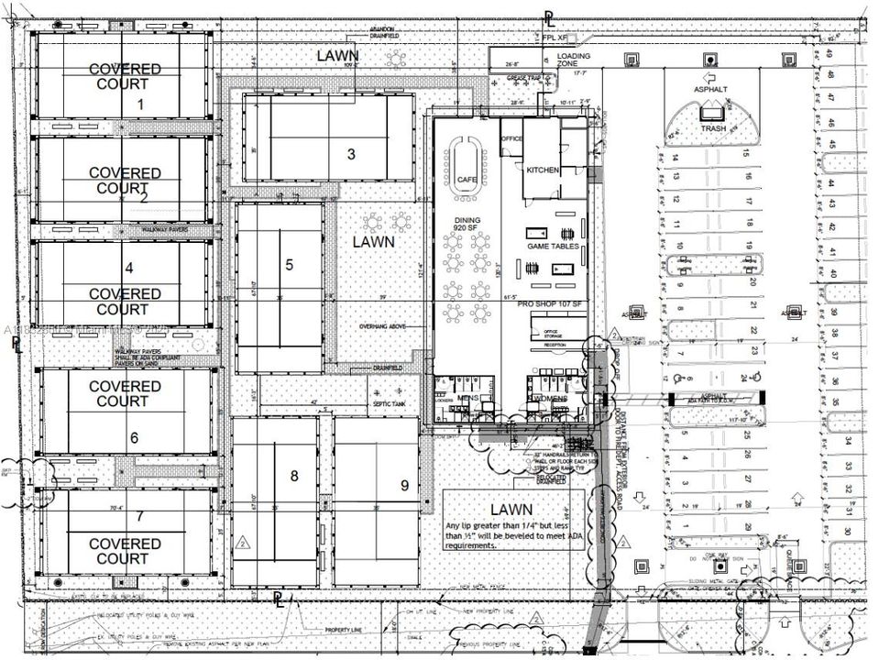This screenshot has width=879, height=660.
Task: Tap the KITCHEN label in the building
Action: tap(543, 170)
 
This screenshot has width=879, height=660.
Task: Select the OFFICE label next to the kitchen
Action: tap(511, 138)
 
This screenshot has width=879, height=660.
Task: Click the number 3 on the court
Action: tap(351, 154)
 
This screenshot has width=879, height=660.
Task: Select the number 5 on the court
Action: tap(289, 265)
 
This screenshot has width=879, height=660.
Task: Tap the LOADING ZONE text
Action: tap(574, 61)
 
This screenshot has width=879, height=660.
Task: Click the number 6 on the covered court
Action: tap(134, 438)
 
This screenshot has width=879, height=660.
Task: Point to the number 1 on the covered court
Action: tap(140, 104)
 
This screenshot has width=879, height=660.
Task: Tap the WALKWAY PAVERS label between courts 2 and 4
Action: tap(165, 229)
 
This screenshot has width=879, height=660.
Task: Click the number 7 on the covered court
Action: tap(139, 516)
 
